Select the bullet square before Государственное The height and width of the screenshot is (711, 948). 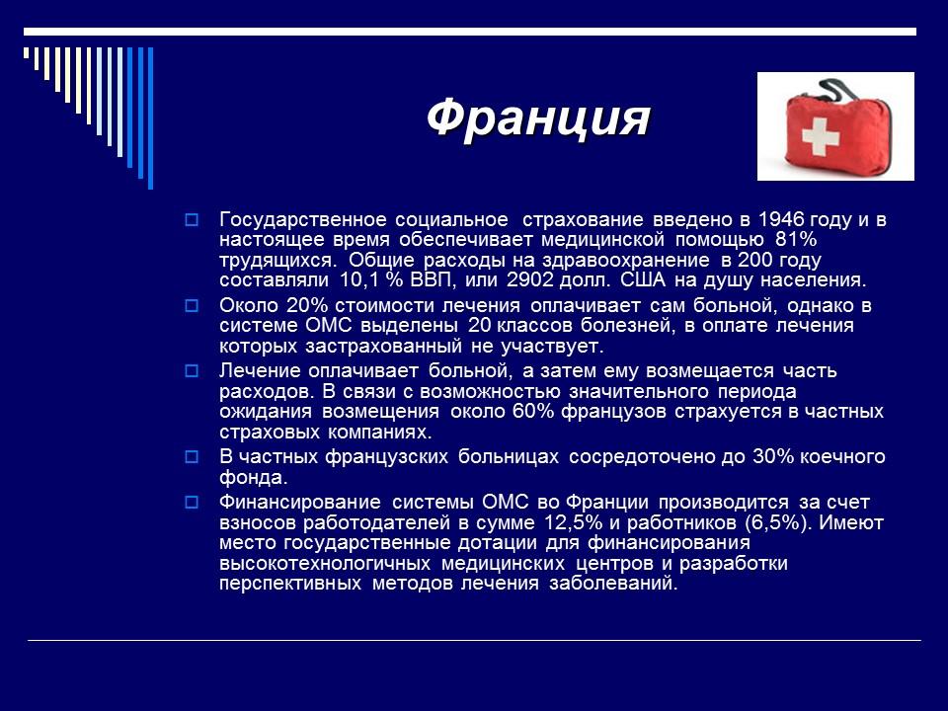[x=193, y=219]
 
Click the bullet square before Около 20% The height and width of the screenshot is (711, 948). [x=193, y=306]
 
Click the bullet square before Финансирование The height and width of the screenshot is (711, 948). [x=193, y=503]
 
